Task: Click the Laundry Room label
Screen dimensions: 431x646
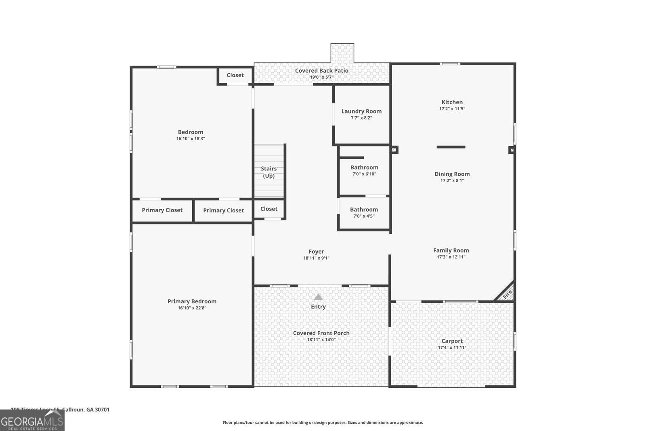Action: [x=361, y=111]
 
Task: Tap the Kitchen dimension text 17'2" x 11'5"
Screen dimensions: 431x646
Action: [x=452, y=109]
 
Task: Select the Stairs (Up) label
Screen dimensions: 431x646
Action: [x=269, y=172]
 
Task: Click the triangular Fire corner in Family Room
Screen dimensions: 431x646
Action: [x=507, y=294]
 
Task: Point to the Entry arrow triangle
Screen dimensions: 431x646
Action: [x=318, y=297]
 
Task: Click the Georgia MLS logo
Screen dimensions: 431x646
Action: [x=32, y=420]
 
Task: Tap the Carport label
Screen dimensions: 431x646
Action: [x=452, y=341]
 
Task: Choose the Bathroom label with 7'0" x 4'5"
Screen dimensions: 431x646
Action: [x=364, y=210]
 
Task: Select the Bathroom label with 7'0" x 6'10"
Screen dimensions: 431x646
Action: [x=364, y=168]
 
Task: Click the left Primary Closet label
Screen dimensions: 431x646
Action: [x=162, y=210]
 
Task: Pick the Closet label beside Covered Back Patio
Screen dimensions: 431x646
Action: [x=235, y=75]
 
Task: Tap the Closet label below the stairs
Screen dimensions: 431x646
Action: [x=269, y=209]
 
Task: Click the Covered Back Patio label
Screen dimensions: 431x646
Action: [x=321, y=71]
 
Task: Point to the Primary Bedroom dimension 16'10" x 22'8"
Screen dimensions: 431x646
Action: [x=192, y=308]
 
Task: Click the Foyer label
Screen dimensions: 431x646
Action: [x=316, y=252]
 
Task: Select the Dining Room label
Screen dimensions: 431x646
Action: [x=452, y=174]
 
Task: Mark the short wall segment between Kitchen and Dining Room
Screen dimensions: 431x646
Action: [x=451, y=147]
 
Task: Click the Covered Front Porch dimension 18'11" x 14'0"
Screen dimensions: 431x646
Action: [x=321, y=340]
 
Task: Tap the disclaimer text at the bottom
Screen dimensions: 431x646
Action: [x=323, y=423]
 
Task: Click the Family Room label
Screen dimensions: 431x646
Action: [x=451, y=250]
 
